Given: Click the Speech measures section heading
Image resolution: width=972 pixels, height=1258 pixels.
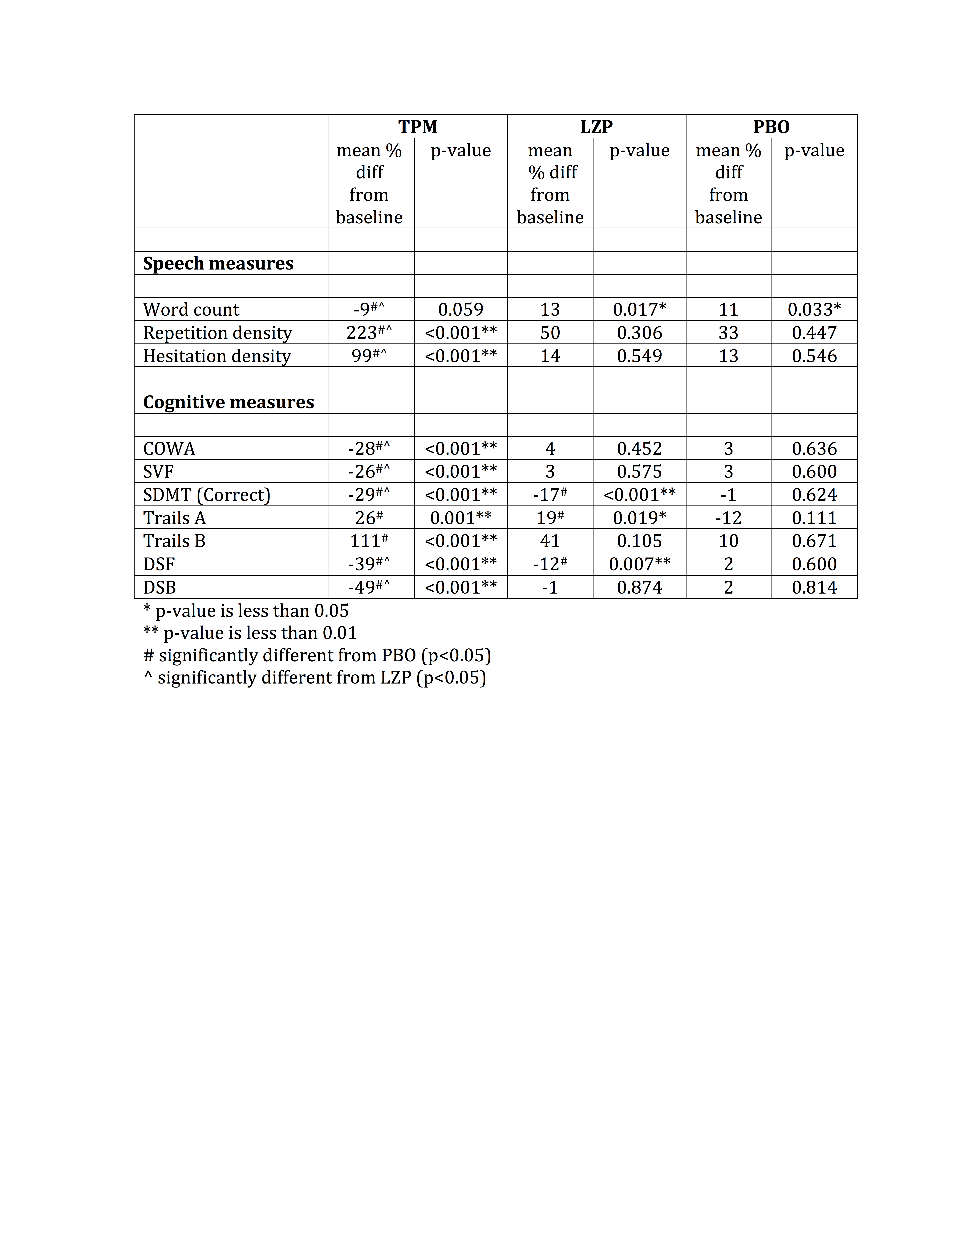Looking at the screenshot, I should [x=218, y=263].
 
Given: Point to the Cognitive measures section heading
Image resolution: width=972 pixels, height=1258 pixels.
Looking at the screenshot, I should [x=229, y=402].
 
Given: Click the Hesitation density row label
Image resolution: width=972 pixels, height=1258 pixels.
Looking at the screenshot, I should [x=217, y=356].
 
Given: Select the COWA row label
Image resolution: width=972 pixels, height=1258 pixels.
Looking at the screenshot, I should [x=169, y=449].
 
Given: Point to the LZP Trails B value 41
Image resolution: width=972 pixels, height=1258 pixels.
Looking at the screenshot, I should [x=550, y=541].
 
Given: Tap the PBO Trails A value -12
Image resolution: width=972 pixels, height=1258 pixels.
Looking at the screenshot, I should [x=728, y=518].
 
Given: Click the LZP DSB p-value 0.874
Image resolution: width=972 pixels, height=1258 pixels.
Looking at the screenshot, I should [x=639, y=587].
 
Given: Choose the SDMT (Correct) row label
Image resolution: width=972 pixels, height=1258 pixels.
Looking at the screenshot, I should [x=207, y=495].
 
